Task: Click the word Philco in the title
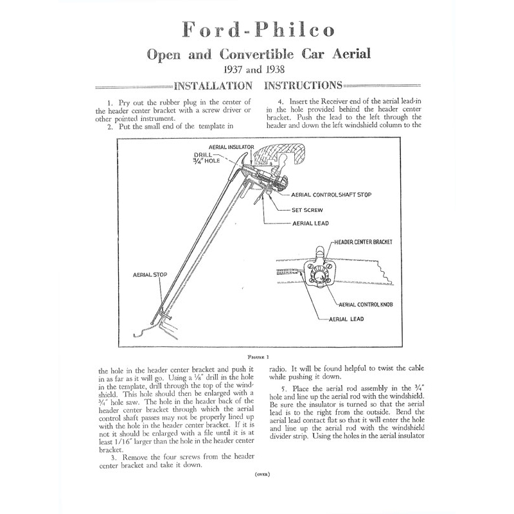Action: tap(295, 30)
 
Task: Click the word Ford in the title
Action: tap(211, 30)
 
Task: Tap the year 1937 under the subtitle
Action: tap(233, 69)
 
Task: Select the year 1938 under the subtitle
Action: tap(275, 69)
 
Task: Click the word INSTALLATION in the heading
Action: tap(213, 86)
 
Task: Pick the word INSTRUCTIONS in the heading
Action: tap(303, 85)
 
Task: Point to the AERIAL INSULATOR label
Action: tap(231, 147)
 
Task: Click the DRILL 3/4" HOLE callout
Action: tap(206, 157)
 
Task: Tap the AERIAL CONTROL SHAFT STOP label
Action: tap(332, 195)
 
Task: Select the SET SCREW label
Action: tap(307, 210)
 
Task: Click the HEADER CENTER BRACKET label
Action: tap(363, 242)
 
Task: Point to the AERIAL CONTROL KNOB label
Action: tap(366, 305)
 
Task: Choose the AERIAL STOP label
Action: tap(150, 275)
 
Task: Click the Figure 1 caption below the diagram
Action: tap(259, 357)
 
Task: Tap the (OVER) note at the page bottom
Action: tap(262, 474)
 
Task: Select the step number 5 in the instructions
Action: tap(284, 389)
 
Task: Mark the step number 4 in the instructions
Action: tap(280, 102)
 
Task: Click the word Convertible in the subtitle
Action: tap(256, 54)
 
